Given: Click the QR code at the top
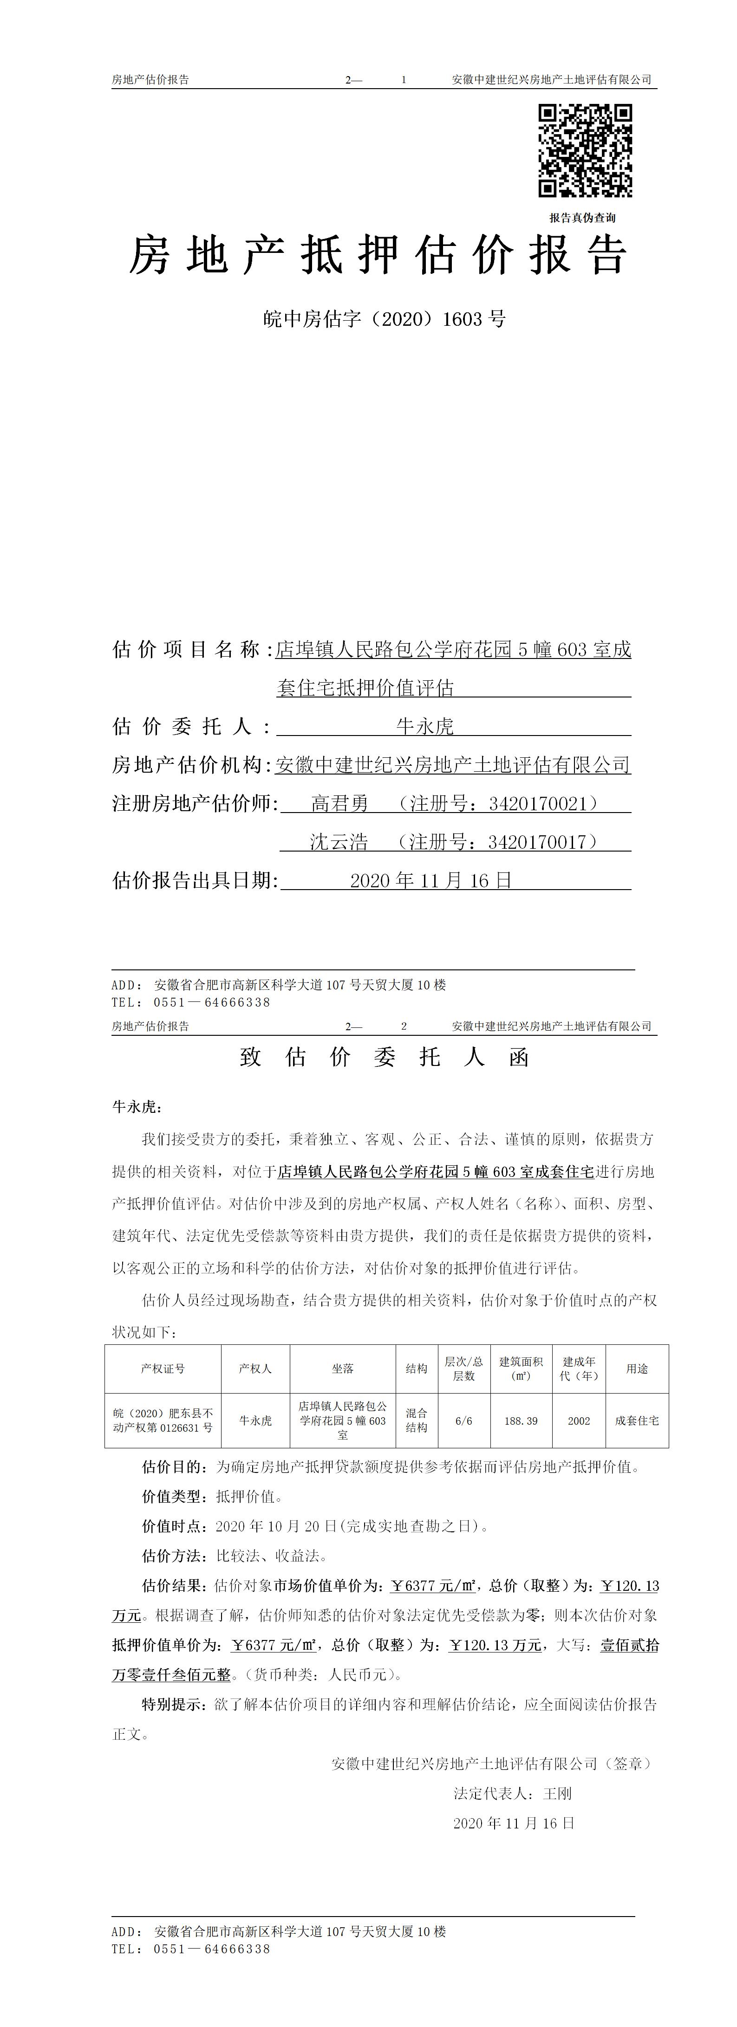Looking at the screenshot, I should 585,150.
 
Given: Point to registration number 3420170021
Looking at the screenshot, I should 538,803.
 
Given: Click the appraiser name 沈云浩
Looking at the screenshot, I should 339,842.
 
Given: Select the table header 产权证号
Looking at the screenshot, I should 163,1369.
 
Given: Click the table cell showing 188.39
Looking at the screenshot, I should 521,1421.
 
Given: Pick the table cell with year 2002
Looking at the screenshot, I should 579,1421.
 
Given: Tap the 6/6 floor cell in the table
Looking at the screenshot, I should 464,1421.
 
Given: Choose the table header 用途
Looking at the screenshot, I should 637,1369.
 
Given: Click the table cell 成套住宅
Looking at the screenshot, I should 637,1421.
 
